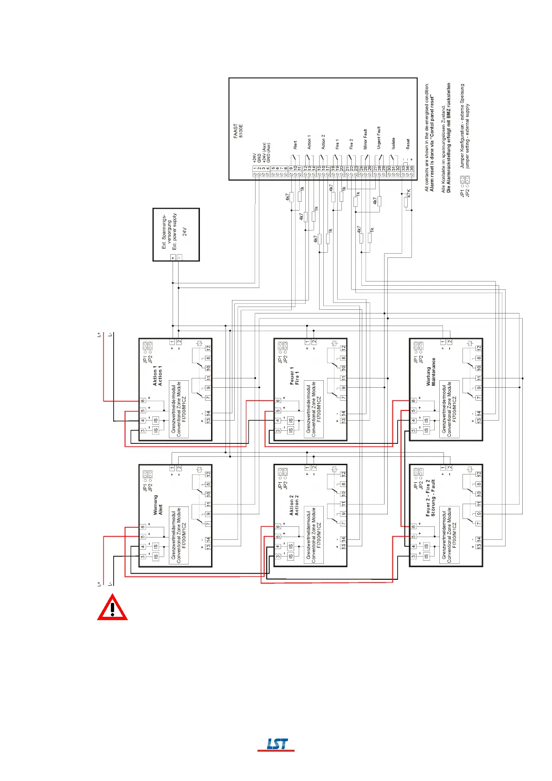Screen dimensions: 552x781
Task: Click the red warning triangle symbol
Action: pos(112,608)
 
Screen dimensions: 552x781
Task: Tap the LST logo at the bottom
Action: pos(276,744)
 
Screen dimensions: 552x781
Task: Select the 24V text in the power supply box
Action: pos(185,231)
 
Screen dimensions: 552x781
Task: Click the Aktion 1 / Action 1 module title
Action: pos(158,375)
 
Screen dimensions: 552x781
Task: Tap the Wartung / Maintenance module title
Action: pos(431,371)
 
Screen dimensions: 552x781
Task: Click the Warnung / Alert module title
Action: pos(158,505)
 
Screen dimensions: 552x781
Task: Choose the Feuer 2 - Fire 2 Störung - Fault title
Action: pos(430,498)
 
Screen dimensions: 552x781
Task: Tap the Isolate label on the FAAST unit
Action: pos(393,143)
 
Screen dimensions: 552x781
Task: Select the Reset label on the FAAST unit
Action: pos(408,144)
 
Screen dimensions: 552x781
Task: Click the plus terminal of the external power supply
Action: pos(173,257)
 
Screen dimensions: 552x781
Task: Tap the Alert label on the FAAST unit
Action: pos(295,145)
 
